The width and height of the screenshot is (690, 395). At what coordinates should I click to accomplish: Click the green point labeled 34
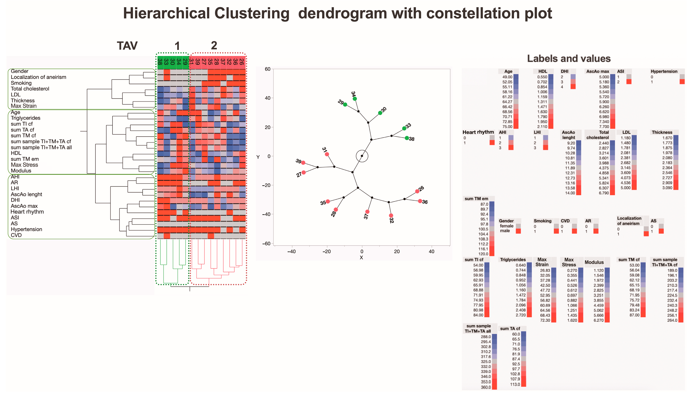355,99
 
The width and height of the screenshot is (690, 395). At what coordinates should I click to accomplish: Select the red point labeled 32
391,216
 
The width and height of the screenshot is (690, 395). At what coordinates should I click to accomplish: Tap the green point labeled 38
407,138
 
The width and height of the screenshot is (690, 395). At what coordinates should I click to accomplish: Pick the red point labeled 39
303,163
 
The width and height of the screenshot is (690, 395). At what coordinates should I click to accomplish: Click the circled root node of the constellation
362,156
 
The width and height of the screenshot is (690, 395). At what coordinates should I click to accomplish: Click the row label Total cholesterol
30,89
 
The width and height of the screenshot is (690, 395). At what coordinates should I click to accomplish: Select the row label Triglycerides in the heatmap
25,118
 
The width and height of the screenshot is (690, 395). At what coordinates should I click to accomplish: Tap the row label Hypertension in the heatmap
26,229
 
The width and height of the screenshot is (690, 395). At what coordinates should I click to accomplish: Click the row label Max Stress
25,165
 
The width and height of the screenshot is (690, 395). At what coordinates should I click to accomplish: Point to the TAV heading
127,46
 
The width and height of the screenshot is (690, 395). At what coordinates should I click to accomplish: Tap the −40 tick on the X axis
291,251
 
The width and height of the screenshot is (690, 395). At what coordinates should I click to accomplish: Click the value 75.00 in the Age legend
507,127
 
